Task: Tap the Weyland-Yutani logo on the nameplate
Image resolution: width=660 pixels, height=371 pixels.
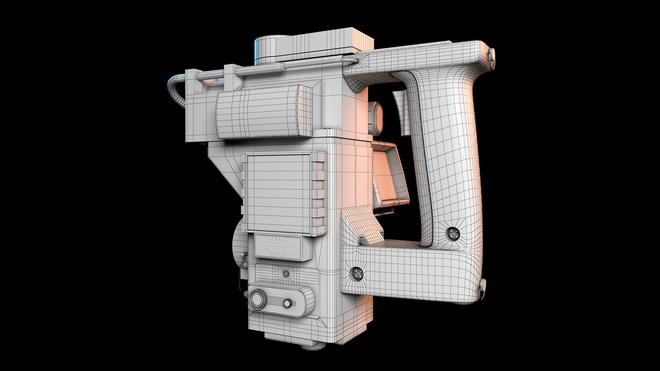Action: coord(278,253)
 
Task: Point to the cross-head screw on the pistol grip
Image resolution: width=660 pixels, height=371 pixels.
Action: coord(454,233)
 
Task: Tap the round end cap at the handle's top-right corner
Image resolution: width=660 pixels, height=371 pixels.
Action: coord(492,55)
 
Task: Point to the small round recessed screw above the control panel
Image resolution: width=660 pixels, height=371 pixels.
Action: coord(286,273)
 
